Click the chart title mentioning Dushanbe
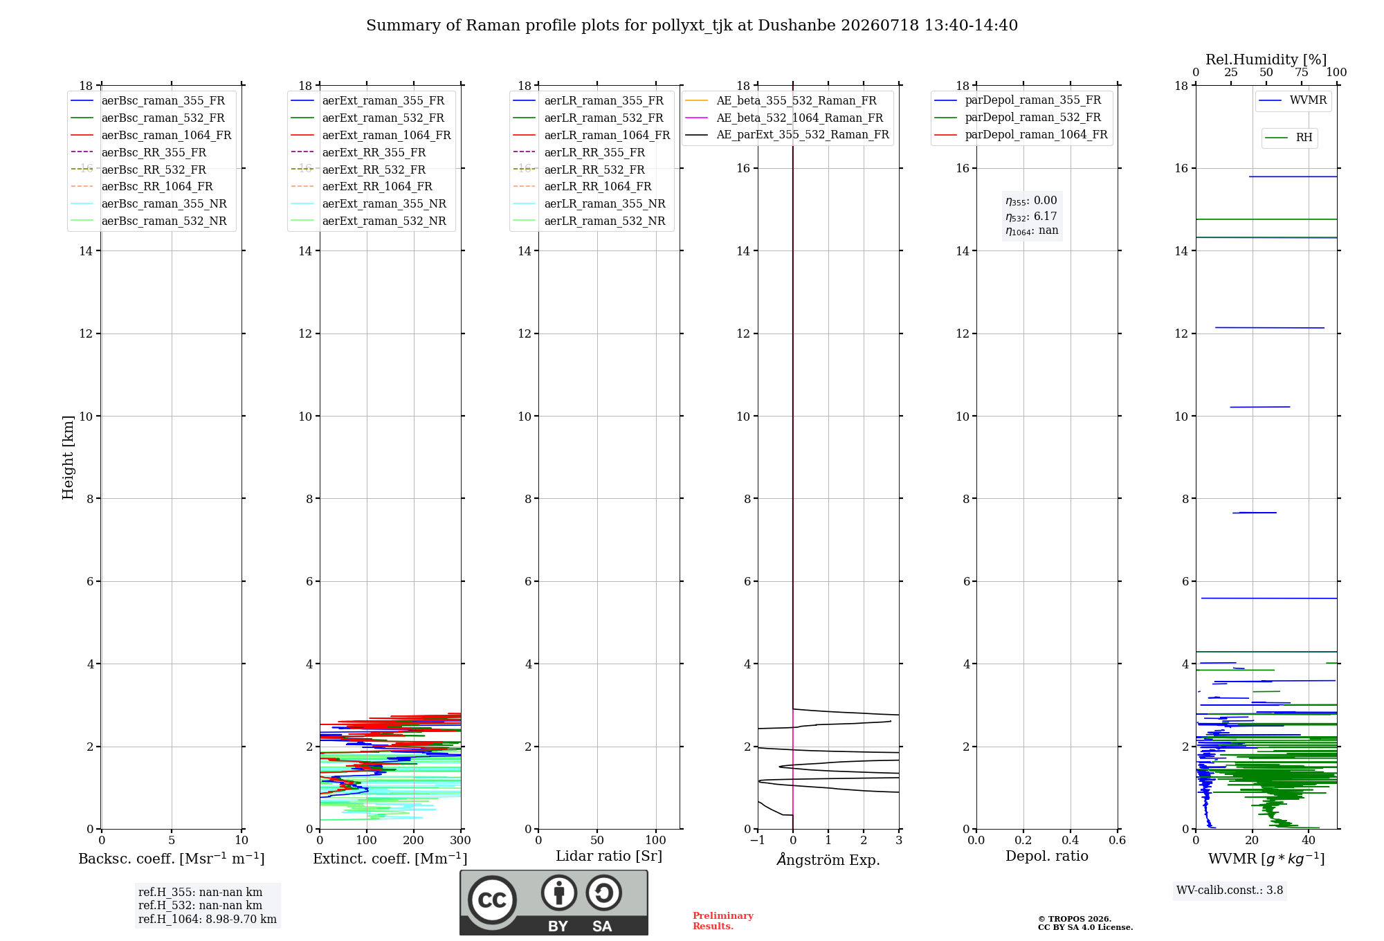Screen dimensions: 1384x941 coord(692,26)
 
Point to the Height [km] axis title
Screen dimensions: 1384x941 coord(68,457)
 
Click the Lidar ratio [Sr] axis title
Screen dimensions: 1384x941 coord(609,856)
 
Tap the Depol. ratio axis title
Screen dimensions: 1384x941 coord(1047,856)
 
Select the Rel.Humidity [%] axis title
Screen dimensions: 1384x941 coord(1266,60)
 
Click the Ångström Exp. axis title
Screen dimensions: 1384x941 coord(828,859)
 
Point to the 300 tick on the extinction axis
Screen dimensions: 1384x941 coord(461,840)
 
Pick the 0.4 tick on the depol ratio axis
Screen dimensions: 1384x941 coord(1071,840)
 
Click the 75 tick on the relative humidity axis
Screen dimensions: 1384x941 coord(1302,73)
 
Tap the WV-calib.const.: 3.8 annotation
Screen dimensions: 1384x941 coord(1230,890)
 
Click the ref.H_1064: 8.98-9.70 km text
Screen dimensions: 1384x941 coord(208,920)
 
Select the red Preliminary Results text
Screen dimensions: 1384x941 coord(723,921)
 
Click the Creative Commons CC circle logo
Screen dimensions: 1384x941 coord(492,900)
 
